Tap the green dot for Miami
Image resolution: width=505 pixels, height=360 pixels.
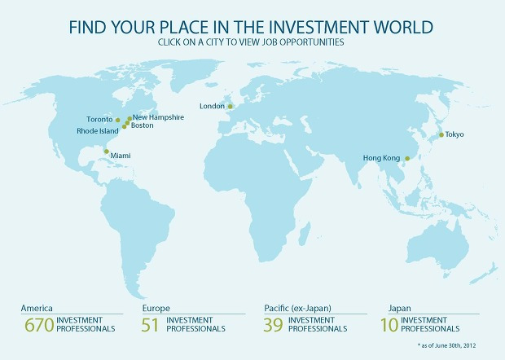click(107, 151)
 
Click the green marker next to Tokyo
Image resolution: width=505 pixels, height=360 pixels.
click(441, 135)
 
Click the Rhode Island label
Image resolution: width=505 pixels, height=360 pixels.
click(98, 130)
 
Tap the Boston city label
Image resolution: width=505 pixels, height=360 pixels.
click(142, 125)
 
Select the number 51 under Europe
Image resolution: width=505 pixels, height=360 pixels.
click(151, 326)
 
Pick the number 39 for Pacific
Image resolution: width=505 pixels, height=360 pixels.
click(276, 326)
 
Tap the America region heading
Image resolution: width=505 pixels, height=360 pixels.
click(38, 309)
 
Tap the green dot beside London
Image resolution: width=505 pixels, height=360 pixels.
click(230, 106)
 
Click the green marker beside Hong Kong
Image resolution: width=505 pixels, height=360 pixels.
click(407, 158)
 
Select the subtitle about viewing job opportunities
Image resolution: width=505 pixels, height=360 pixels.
click(253, 42)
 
